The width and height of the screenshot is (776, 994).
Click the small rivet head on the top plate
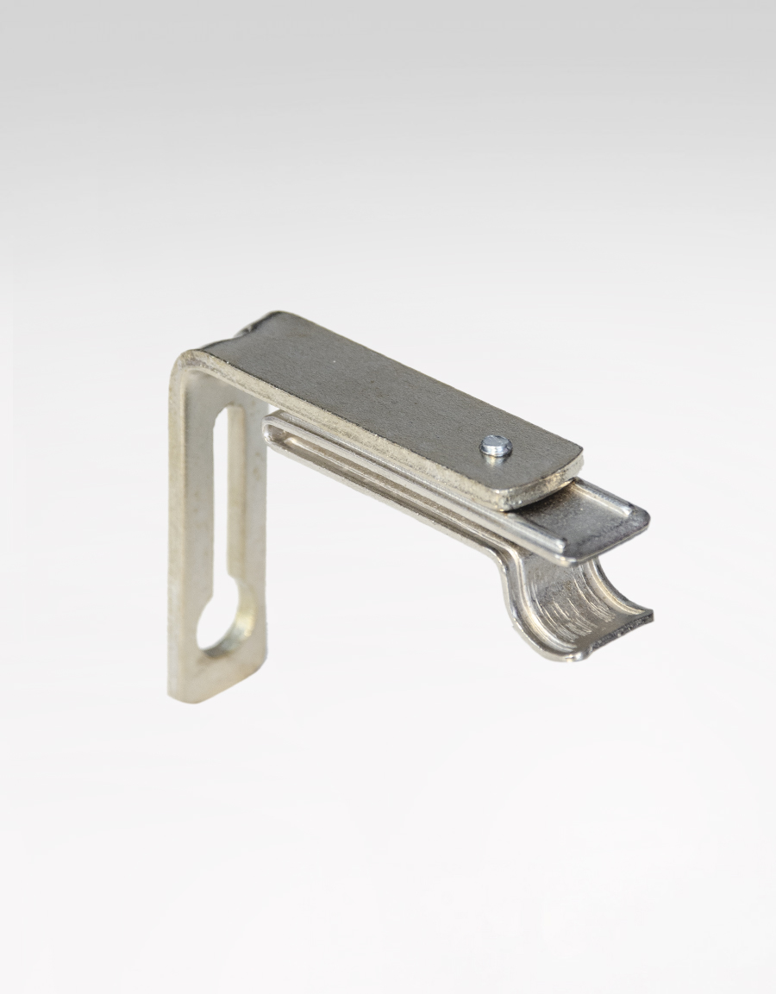(x=497, y=445)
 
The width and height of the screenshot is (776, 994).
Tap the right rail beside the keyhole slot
(x=255, y=517)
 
